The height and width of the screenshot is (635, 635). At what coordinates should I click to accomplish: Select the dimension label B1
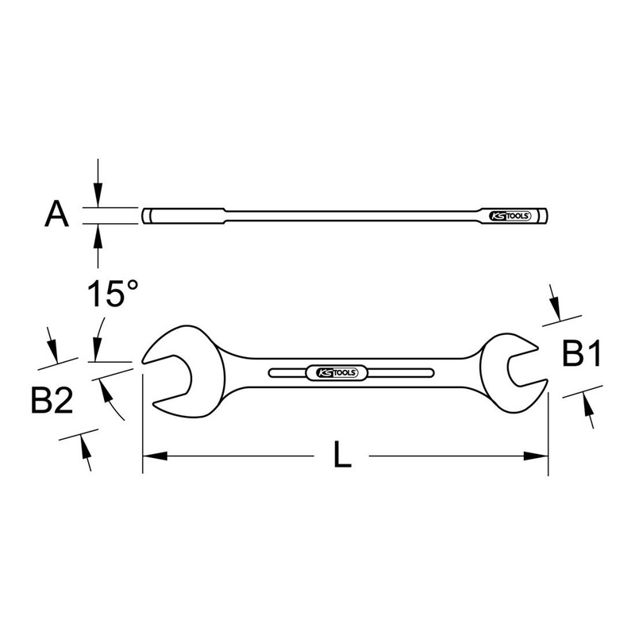click(x=579, y=354)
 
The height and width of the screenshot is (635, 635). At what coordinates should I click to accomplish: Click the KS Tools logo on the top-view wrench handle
click(x=333, y=372)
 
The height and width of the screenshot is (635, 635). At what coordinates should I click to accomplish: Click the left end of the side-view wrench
click(x=147, y=215)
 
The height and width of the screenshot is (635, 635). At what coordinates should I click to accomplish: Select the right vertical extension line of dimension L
click(x=548, y=429)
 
